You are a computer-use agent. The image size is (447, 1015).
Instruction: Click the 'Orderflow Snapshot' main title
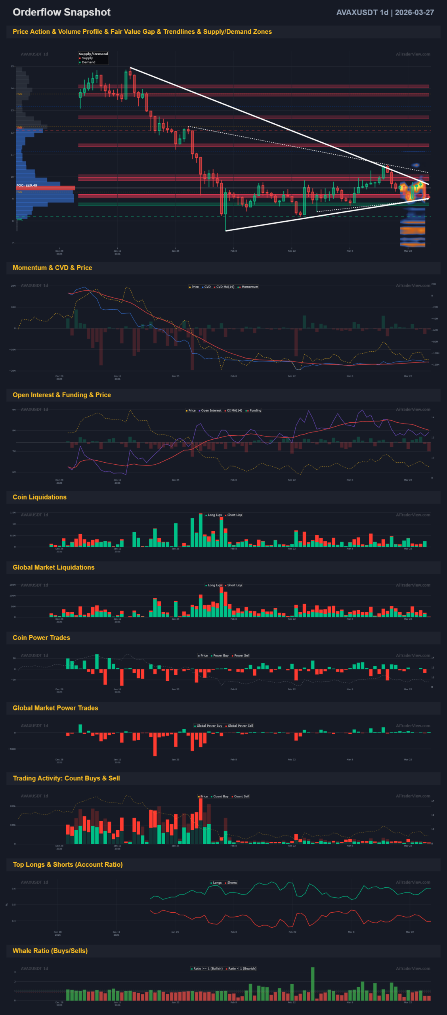[x=61, y=12]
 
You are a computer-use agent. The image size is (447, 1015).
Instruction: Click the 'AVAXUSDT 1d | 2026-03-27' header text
[x=385, y=12]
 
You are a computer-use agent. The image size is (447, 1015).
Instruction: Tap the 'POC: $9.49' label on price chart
[x=27, y=186]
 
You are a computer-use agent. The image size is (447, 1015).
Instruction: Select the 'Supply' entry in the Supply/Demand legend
[x=87, y=58]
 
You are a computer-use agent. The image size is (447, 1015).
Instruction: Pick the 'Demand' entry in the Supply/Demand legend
[x=88, y=62]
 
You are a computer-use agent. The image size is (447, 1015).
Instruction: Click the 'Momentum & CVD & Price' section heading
[x=52, y=268]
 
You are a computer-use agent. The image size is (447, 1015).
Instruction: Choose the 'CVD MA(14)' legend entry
[x=225, y=287]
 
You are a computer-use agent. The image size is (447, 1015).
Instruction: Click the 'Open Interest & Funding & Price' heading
[x=62, y=395]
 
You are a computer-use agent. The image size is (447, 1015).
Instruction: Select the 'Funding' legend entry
[x=255, y=410]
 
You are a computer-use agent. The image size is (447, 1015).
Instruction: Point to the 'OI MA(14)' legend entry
[x=234, y=410]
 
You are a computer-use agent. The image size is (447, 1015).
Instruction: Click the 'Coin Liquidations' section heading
[x=40, y=497]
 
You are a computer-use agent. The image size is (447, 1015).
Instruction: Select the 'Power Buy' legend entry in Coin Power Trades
[x=221, y=655]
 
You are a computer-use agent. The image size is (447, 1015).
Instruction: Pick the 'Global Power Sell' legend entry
[x=240, y=726]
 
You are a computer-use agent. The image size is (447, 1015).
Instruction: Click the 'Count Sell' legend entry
[x=241, y=796]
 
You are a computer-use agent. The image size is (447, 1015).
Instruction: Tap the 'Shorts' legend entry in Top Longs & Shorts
[x=232, y=883]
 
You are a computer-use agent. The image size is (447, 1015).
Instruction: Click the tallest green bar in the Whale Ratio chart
[x=313, y=983]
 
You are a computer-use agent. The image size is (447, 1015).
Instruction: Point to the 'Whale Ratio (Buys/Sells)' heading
[x=50, y=951]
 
